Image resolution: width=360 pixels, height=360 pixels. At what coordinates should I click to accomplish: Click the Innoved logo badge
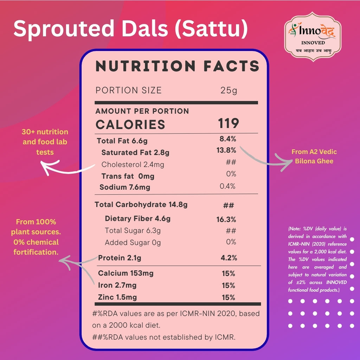pos(313,37)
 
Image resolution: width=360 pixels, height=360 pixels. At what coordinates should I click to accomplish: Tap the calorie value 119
pos(228,123)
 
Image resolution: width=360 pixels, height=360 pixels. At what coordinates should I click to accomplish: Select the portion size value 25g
pos(229,90)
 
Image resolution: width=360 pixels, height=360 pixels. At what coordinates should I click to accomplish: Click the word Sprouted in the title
pos(64,29)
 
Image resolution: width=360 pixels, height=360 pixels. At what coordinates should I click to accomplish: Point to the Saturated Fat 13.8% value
pos(226,150)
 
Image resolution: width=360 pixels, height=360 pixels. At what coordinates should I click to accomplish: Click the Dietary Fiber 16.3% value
pos(226,219)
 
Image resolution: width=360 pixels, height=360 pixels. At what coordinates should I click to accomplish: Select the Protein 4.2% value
pos(229,258)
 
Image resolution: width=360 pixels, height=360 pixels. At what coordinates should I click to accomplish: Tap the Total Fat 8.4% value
pos(228,139)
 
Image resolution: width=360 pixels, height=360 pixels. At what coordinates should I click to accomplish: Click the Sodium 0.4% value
pos(227,186)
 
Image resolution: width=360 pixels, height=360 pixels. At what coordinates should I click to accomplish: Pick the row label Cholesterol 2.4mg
pos(133,165)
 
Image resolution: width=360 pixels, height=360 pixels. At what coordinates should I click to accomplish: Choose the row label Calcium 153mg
pos(126,273)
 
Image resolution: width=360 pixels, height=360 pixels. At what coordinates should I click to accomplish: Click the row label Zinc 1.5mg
pos(117,297)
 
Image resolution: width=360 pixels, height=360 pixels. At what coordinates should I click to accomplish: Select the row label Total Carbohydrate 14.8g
pos(141,205)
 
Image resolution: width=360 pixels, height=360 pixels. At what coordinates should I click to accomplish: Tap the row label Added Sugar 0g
pos(133,243)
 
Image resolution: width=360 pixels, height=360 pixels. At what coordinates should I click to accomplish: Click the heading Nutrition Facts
pos(177,66)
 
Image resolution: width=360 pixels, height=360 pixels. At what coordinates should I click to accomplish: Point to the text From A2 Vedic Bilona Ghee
pos(314,156)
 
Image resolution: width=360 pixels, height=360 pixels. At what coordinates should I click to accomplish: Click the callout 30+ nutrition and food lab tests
pos(45,142)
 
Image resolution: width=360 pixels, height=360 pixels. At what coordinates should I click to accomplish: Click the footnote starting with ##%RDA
pos(164,337)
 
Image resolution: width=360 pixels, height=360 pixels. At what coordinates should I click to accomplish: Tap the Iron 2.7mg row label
pos(117,285)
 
